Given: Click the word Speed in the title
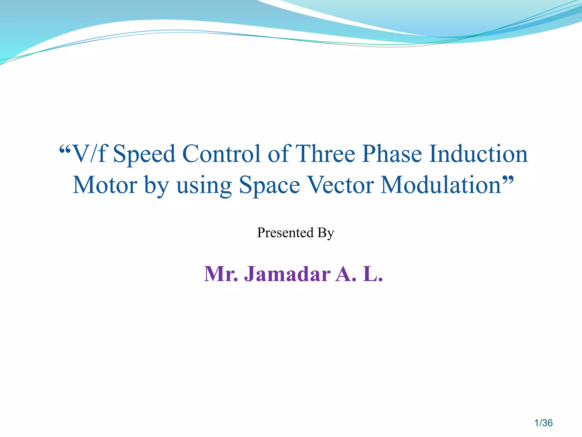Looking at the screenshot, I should click(x=144, y=154).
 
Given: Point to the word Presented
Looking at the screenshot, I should click(x=285, y=233).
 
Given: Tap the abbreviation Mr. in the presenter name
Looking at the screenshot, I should click(x=221, y=274).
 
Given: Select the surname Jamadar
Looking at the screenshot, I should click(x=287, y=274).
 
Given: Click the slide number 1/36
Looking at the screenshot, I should click(x=543, y=423).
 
